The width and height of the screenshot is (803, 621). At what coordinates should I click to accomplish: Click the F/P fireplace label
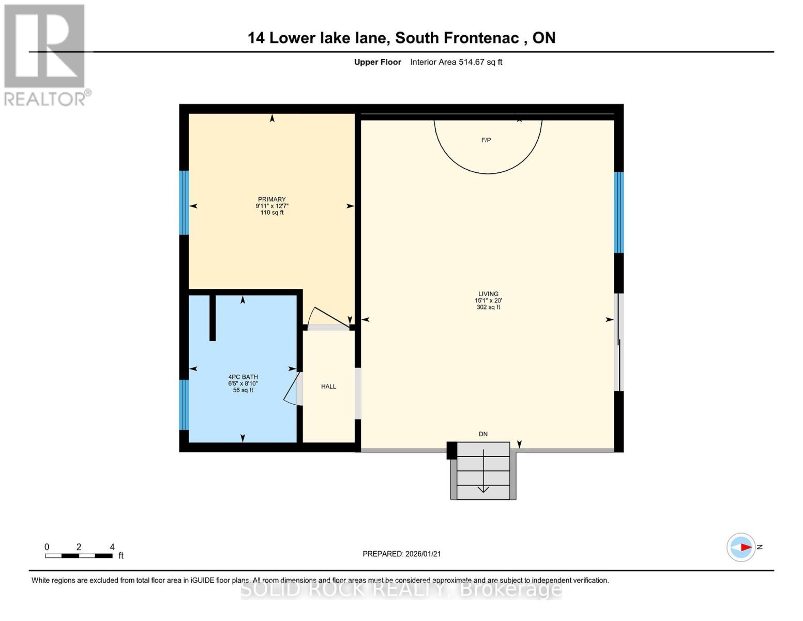click(486, 140)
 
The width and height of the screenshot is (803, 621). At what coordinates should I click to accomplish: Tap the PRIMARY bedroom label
click(271, 199)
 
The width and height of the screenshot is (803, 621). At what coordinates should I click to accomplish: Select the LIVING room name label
click(488, 293)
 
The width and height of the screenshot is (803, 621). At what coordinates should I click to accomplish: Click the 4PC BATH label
click(243, 377)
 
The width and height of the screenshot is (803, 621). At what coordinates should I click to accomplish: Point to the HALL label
click(328, 387)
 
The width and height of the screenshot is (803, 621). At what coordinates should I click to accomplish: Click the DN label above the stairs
click(483, 434)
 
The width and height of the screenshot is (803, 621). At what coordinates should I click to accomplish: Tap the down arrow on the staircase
click(483, 471)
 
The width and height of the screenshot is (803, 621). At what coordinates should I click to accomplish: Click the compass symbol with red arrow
click(741, 547)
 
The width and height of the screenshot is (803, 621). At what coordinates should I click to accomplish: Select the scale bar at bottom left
click(79, 556)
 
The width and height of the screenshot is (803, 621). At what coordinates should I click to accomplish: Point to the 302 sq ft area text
click(488, 307)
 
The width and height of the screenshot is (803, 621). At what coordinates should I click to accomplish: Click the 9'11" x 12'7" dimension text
click(271, 206)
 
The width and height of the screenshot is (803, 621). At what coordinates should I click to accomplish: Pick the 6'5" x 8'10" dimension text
click(243, 383)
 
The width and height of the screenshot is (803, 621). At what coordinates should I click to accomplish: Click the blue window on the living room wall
click(618, 212)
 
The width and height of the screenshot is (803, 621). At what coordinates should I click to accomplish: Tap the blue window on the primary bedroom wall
click(184, 202)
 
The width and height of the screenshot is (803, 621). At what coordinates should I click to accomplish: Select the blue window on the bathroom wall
click(184, 405)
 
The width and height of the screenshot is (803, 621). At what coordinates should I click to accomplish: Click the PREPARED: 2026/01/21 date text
click(402, 554)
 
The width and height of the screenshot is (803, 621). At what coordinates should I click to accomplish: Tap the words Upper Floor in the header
click(377, 62)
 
